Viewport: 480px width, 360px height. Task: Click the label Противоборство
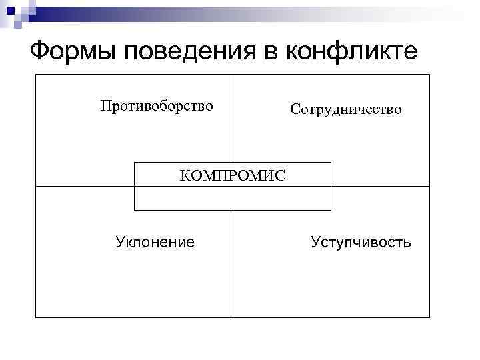tap(157, 106)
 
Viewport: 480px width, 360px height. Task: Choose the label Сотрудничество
tap(346, 109)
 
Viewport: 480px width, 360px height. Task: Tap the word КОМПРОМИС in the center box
tap(233, 175)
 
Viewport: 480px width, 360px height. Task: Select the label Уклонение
tap(155, 241)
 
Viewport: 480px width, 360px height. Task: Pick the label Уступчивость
tap(361, 241)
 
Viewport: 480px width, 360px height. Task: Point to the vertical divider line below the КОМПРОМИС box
tap(233, 263)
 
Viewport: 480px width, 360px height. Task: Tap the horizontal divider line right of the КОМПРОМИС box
tap(380, 186)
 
